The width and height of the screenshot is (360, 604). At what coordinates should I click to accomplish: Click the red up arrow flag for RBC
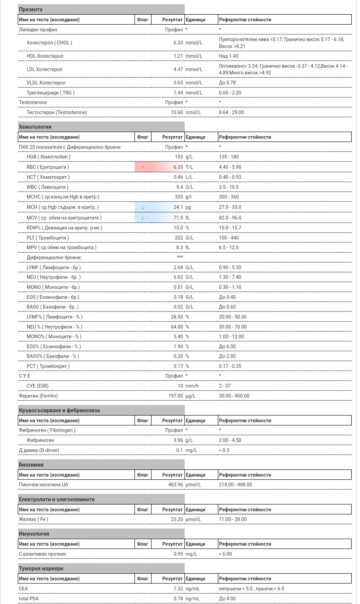coord(142,167)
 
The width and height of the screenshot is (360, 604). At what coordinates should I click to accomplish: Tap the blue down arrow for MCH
coord(142,207)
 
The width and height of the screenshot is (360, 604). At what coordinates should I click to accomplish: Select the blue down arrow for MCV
coord(142,218)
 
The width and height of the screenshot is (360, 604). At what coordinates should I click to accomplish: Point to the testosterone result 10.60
coord(177,112)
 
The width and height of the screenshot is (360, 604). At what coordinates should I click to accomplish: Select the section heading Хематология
coord(35,127)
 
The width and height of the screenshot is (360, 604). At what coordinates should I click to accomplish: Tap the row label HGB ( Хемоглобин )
coord(48,157)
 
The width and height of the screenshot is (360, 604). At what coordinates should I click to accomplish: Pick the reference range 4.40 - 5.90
coord(230,167)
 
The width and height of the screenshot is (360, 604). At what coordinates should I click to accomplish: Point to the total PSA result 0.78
coord(178,599)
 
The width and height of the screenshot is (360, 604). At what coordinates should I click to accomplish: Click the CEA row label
coord(23,589)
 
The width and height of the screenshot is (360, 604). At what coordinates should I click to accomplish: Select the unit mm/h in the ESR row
coord(192,386)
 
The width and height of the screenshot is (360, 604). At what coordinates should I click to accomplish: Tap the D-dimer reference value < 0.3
coord(224,450)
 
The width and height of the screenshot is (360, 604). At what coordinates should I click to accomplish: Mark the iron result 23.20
coord(177,519)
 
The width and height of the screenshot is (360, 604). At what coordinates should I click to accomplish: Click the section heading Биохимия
coord(31,465)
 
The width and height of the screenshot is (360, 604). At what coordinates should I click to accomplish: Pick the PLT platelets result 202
coord(179,238)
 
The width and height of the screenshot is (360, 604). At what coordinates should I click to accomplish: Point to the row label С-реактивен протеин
coord(42,554)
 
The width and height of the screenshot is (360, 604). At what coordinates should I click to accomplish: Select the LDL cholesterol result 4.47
coord(178,69)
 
